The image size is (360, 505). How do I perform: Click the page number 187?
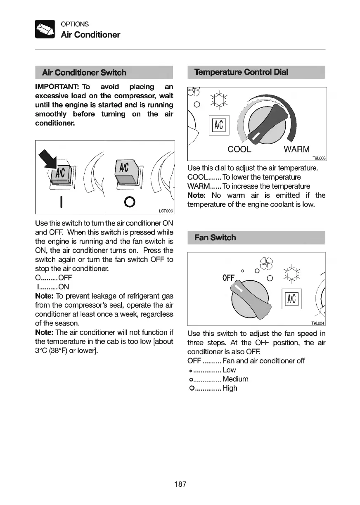(x=180, y=484)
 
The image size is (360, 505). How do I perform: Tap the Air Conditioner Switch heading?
(x=84, y=73)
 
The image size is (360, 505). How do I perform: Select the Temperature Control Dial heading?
(x=241, y=72)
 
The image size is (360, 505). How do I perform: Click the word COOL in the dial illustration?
(x=239, y=149)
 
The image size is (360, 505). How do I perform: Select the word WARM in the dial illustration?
(x=297, y=149)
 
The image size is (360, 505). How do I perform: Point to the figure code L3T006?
(x=166, y=211)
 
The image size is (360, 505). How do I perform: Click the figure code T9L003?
(x=318, y=158)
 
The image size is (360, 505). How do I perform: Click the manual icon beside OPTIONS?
(x=45, y=29)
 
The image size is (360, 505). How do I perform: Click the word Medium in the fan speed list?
(x=235, y=379)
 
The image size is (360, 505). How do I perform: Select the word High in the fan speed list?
(x=230, y=388)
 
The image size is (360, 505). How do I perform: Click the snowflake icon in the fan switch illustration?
(x=292, y=273)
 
